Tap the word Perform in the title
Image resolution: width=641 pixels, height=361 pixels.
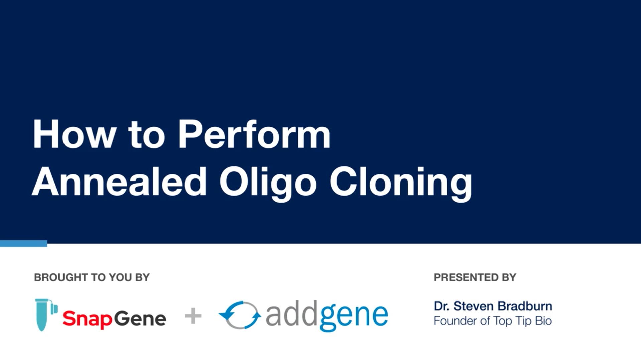coord(254,134)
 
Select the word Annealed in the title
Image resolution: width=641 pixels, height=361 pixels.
coord(119,181)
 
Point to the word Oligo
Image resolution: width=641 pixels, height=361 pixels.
coord(268,184)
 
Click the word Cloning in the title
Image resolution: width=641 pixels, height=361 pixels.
coord(401,184)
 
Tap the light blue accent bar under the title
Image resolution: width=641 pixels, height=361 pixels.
coord(23,244)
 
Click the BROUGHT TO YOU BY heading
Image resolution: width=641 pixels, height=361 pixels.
coord(92,277)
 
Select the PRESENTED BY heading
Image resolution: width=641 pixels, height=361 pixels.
coord(475,277)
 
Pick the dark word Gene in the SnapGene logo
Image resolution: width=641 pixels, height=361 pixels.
coord(140,318)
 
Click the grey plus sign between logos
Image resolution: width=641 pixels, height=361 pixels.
coord(193,316)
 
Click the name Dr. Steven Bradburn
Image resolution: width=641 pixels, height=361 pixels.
coord(493,306)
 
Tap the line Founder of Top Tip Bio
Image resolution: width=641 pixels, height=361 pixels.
coord(493,321)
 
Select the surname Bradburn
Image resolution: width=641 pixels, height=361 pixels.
coord(525,306)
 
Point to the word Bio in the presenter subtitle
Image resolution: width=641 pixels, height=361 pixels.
coord(543,321)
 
